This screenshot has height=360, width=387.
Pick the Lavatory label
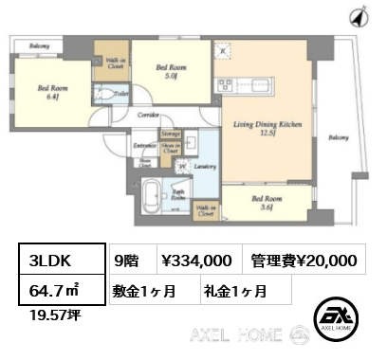coord(205,166)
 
